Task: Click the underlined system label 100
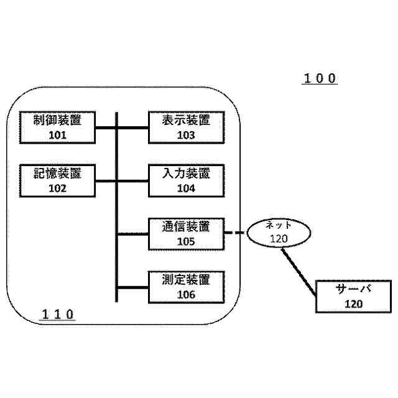coord(320,79)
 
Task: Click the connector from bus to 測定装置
coord(132,287)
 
